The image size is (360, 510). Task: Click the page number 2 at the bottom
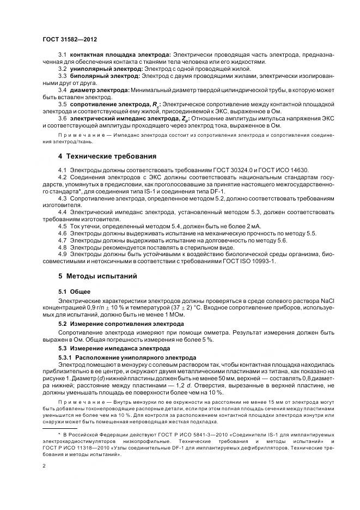[x=44, y=466]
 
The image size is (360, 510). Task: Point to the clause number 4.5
[x=62, y=226]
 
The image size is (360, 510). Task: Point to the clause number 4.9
[x=62, y=254]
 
